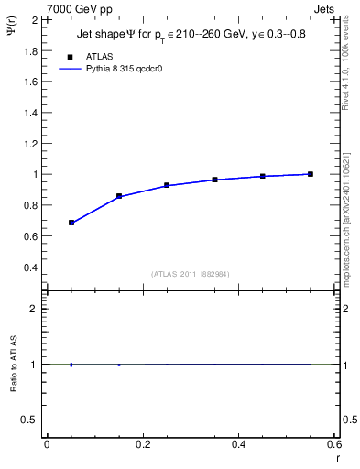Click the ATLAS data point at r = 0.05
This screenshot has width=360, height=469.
tap(71, 223)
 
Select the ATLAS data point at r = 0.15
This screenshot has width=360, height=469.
tap(119, 196)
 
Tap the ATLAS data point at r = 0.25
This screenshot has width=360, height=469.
tap(167, 185)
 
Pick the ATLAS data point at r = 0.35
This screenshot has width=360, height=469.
tap(214, 180)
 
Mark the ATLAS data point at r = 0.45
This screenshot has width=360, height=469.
tap(263, 176)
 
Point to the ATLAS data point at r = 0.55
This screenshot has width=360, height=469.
tap(311, 174)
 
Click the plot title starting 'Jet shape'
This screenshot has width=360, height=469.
tap(191, 36)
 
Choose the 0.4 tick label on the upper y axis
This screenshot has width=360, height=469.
tap(29, 267)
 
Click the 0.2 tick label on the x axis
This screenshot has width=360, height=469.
tap(142, 444)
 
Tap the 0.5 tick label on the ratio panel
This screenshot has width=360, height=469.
tap(29, 420)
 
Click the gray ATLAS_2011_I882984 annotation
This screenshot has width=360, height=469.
tap(191, 273)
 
